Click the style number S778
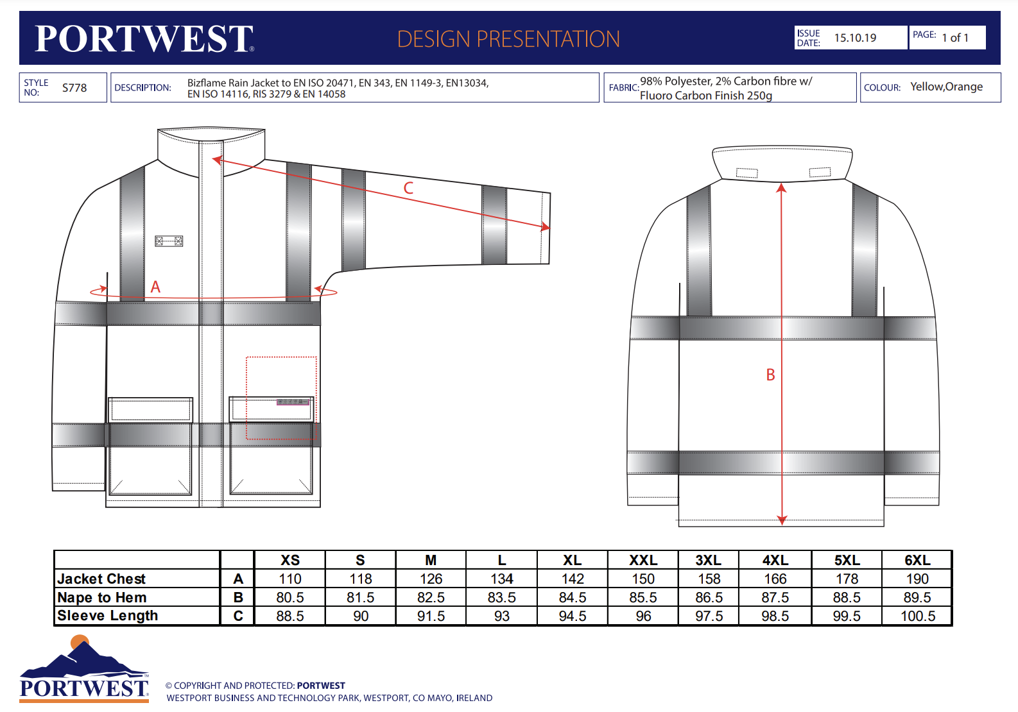(74, 88)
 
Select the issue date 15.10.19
(855, 38)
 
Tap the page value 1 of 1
(955, 38)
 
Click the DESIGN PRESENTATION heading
(508, 39)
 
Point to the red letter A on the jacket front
(155, 287)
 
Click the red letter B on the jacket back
(770, 375)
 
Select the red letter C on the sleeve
(408, 188)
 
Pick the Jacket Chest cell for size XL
(572, 579)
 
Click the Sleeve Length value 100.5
(918, 616)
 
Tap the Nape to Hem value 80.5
(290, 598)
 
